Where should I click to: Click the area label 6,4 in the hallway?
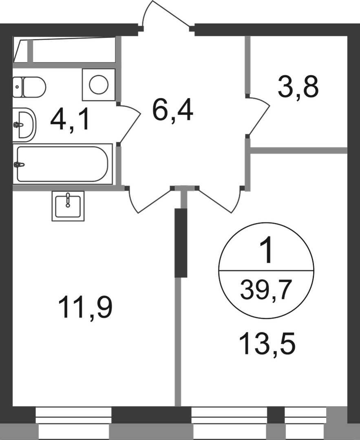click(172, 111)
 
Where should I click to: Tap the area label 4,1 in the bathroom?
click(70, 120)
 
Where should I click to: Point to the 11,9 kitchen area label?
click(85, 308)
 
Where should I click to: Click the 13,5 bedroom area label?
click(267, 343)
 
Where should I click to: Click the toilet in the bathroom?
click(29, 87)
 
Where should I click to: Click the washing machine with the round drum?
click(99, 85)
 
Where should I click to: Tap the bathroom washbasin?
click(25, 125)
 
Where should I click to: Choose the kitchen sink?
click(68, 206)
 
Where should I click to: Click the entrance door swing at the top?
click(167, 13)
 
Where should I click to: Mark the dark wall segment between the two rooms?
click(181, 243)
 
